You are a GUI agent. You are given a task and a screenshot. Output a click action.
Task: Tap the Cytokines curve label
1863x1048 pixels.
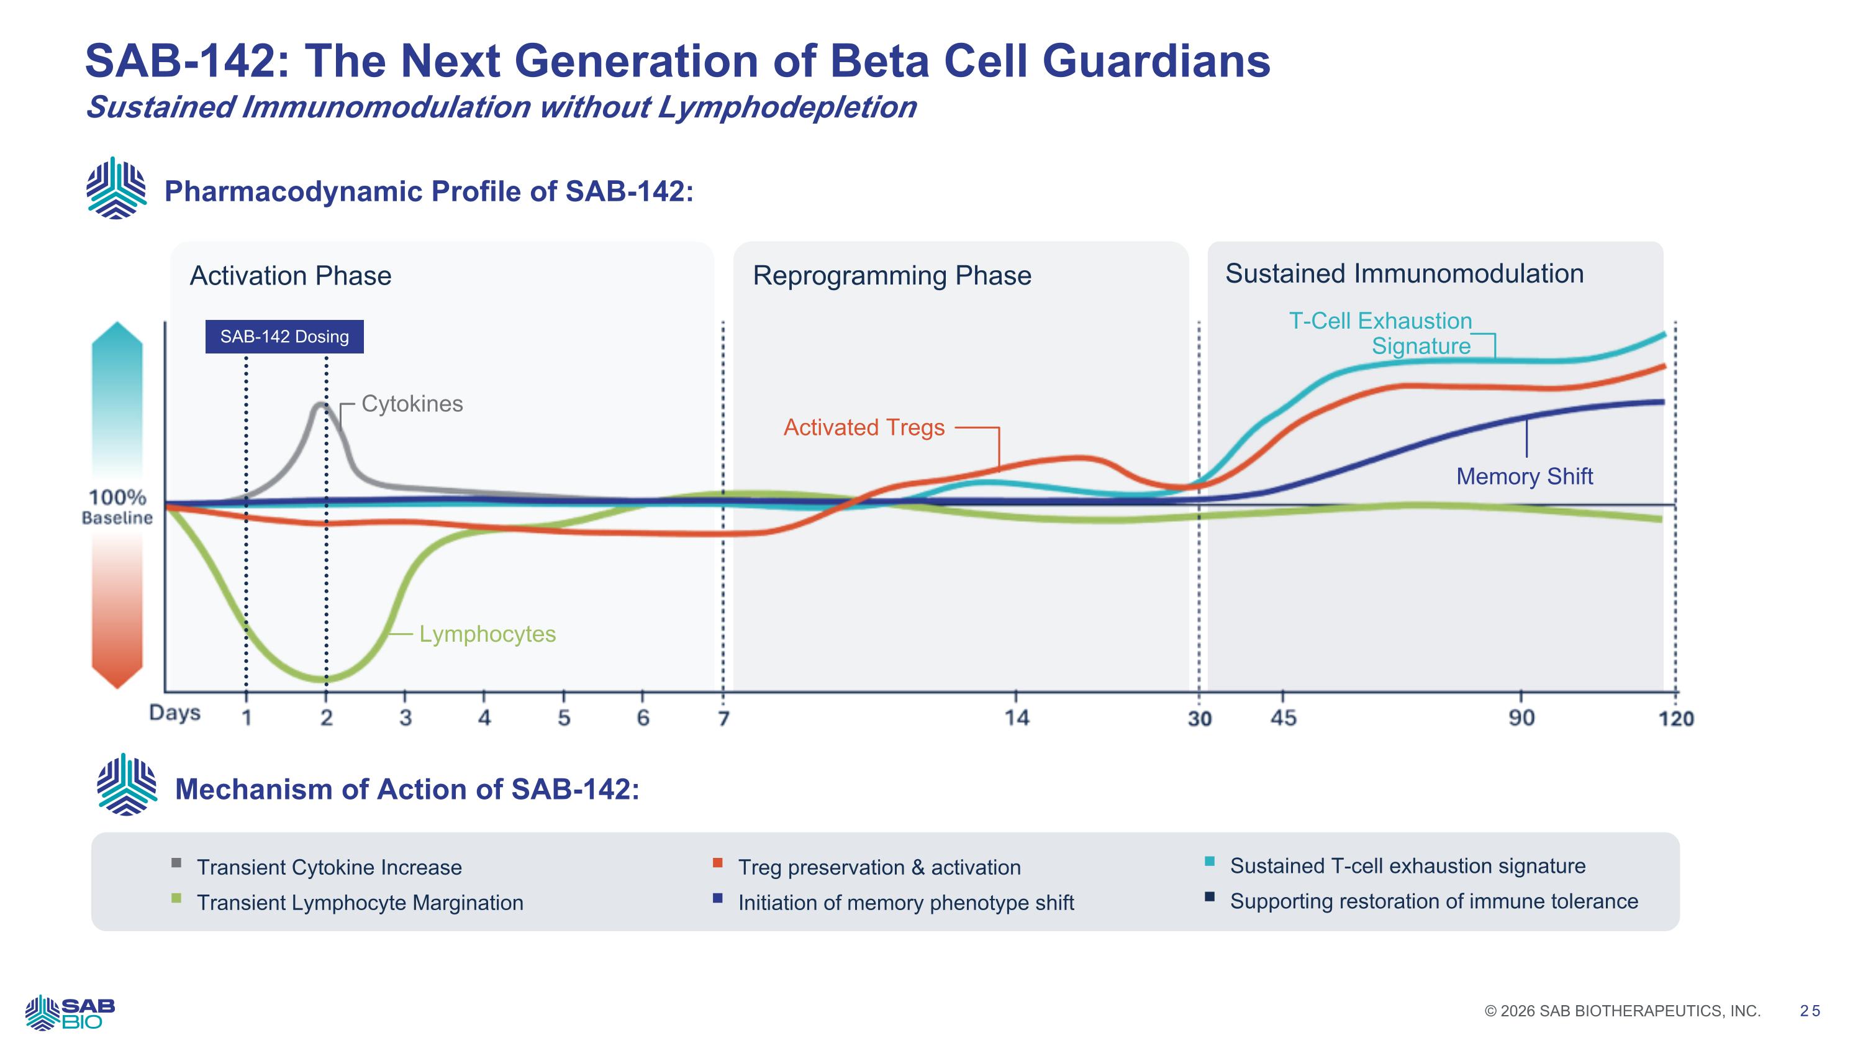click(x=412, y=404)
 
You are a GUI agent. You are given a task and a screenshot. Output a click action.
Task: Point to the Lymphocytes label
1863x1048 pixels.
click(x=487, y=634)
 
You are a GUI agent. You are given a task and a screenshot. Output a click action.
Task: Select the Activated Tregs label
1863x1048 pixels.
click(x=864, y=427)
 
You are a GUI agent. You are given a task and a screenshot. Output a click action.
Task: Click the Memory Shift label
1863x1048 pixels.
click(x=1524, y=476)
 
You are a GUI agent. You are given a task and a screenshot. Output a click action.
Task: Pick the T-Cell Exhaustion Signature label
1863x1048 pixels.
click(x=1380, y=333)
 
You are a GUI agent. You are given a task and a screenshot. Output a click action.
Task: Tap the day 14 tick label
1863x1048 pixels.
click(x=1016, y=718)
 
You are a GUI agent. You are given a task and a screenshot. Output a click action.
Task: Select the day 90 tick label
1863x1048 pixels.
click(x=1521, y=718)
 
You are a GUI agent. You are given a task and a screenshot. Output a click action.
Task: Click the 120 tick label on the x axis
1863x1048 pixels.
click(x=1675, y=718)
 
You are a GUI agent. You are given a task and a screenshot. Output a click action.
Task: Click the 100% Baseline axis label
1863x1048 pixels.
click(x=117, y=506)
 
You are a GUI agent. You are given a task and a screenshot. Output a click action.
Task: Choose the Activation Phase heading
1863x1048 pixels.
click(x=290, y=276)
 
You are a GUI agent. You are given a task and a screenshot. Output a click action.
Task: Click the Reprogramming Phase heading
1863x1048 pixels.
click(x=892, y=276)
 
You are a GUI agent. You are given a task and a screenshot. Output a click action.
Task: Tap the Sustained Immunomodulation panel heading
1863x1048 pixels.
click(x=1403, y=273)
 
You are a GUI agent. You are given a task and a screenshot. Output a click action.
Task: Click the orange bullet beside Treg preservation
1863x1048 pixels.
click(x=717, y=863)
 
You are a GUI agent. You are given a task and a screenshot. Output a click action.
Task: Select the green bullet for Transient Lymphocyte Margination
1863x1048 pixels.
click(x=176, y=898)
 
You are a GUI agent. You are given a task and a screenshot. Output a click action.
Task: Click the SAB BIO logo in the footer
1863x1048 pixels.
click(x=70, y=1012)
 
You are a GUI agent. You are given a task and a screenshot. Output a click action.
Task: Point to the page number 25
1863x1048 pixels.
click(x=1810, y=1011)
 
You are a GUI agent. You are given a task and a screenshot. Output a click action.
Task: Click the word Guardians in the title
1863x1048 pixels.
click(x=1156, y=61)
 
